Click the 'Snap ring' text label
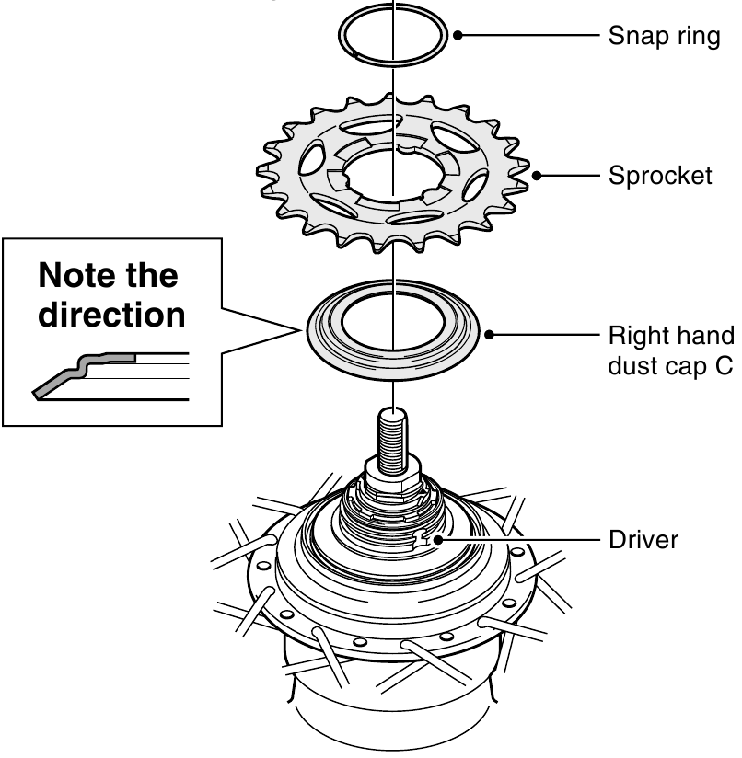[x=664, y=38]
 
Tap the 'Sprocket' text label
[x=660, y=175]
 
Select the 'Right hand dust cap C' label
[x=670, y=350]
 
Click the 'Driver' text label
[x=643, y=539]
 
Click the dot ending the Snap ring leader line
[x=458, y=37]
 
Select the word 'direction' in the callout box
[x=111, y=315]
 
